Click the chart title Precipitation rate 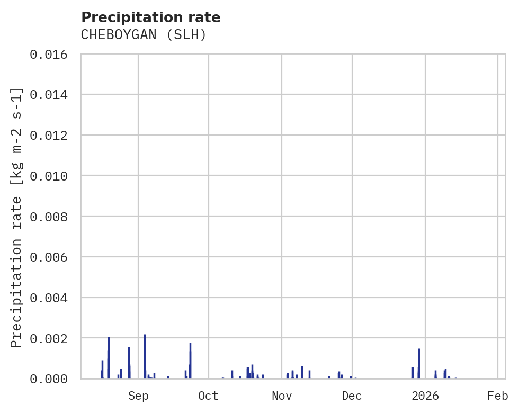coord(151,17)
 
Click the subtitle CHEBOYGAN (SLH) coord(143,35)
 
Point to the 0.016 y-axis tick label coord(52,54)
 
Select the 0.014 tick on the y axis coord(52,95)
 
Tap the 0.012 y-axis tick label coord(52,136)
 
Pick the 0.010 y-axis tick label coord(52,176)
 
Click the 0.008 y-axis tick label coord(52,217)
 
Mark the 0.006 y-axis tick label coord(52,257)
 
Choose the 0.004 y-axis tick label coord(52,298)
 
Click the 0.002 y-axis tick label coord(52,338)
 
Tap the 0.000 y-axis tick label coord(52,379)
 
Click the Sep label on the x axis coord(138,396)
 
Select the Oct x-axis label coord(209,396)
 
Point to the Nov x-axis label coord(282,396)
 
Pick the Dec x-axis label coord(352,396)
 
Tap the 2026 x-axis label coord(425,396)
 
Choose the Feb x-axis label coord(498,396)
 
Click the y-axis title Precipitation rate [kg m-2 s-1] coord(17,217)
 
